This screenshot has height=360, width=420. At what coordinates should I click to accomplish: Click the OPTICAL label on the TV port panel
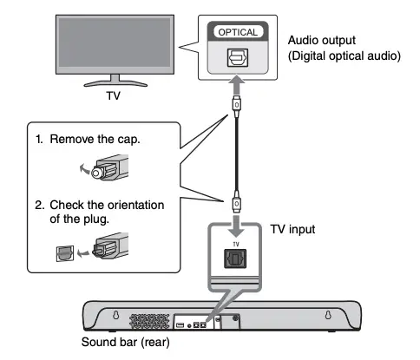pyautogui.click(x=238, y=32)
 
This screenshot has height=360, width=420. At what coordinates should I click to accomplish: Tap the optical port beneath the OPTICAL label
pyautogui.click(x=238, y=57)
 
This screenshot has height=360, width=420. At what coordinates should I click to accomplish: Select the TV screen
pyautogui.click(x=115, y=43)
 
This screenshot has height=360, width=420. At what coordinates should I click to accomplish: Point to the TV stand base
pyautogui.click(x=115, y=84)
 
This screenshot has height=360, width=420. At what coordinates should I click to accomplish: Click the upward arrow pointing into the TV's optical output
pyautogui.click(x=237, y=85)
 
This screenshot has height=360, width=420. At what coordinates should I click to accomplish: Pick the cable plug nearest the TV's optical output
pyautogui.click(x=237, y=106)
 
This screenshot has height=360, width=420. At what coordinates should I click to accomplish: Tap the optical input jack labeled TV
pyautogui.click(x=235, y=259)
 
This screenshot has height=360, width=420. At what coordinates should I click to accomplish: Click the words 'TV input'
pyautogui.click(x=292, y=229)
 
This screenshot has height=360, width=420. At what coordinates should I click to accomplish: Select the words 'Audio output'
pyautogui.click(x=322, y=40)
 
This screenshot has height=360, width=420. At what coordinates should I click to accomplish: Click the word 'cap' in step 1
pyautogui.click(x=128, y=140)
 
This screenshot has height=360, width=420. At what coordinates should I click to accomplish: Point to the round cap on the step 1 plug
pyautogui.click(x=96, y=173)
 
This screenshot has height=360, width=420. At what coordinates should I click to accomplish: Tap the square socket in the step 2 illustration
pyautogui.click(x=65, y=253)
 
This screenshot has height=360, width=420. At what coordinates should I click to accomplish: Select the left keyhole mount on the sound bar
pyautogui.click(x=115, y=315)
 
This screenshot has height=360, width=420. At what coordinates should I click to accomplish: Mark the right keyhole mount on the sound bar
pyautogui.click(x=328, y=315)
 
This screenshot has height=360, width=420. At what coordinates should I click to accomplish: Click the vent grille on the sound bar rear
pyautogui.click(x=149, y=321)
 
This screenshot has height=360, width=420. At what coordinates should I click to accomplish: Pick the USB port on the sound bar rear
pyautogui.click(x=180, y=325)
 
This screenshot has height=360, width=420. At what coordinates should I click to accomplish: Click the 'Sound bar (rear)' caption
pyautogui.click(x=126, y=342)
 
